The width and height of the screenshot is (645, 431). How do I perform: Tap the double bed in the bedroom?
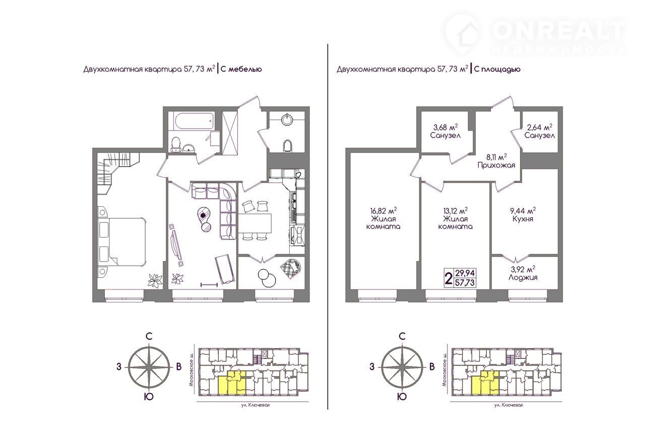[122, 241]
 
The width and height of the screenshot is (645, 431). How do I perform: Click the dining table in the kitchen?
[255, 223]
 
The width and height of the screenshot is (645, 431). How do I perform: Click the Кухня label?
[523, 219]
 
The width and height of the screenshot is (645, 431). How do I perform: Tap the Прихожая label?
[496, 165]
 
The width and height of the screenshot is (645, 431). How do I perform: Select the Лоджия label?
[523, 277]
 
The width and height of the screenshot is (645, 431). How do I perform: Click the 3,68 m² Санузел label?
[445, 131]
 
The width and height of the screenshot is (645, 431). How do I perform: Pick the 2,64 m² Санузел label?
[539, 131]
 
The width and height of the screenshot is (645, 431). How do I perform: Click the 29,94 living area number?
[465, 273]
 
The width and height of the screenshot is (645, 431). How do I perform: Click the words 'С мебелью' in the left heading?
[241, 70]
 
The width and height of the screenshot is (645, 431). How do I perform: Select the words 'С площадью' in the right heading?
[497, 70]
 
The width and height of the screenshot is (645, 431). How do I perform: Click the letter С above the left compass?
[149, 336]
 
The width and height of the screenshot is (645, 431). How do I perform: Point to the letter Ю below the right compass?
[402, 397]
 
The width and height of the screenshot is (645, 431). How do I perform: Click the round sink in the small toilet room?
[287, 119]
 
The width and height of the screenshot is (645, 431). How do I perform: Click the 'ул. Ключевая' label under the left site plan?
[255, 405]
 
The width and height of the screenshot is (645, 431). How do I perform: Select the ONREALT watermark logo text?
[559, 31]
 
